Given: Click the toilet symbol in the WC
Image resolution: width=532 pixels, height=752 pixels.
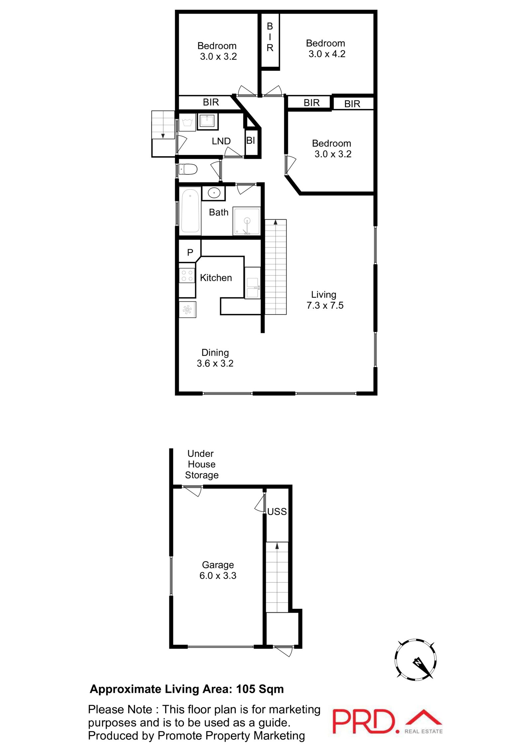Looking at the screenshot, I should coord(188,169).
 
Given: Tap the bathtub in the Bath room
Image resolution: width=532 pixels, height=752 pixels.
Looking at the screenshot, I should coord(190,211).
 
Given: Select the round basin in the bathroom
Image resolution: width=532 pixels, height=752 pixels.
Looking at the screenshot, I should coord(214,193).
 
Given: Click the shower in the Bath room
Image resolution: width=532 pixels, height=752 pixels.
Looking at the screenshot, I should coord(246,221).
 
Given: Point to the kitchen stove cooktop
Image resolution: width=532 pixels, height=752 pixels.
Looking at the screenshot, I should coord(187,275).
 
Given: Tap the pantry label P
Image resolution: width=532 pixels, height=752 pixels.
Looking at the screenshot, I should coord(190,253).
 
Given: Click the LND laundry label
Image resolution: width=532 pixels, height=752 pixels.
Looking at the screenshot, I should coord(221,141).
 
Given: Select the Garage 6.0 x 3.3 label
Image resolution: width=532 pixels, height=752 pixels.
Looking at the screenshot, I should coord(218,570).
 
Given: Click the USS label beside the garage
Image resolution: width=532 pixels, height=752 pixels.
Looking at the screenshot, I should coord(277,511).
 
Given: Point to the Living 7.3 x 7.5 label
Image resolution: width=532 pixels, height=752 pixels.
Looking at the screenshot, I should coord(325,300).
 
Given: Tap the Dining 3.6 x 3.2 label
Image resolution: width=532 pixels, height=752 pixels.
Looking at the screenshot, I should coord(215,358).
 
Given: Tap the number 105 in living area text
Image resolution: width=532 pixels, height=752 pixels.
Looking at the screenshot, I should coord(246,689).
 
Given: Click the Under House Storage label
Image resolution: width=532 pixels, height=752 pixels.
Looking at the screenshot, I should coord(201,464).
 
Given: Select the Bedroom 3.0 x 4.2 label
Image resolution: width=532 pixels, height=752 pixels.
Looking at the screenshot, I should coord(326,49).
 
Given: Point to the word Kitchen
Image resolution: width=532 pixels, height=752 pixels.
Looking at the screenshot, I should coord(216,278).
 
